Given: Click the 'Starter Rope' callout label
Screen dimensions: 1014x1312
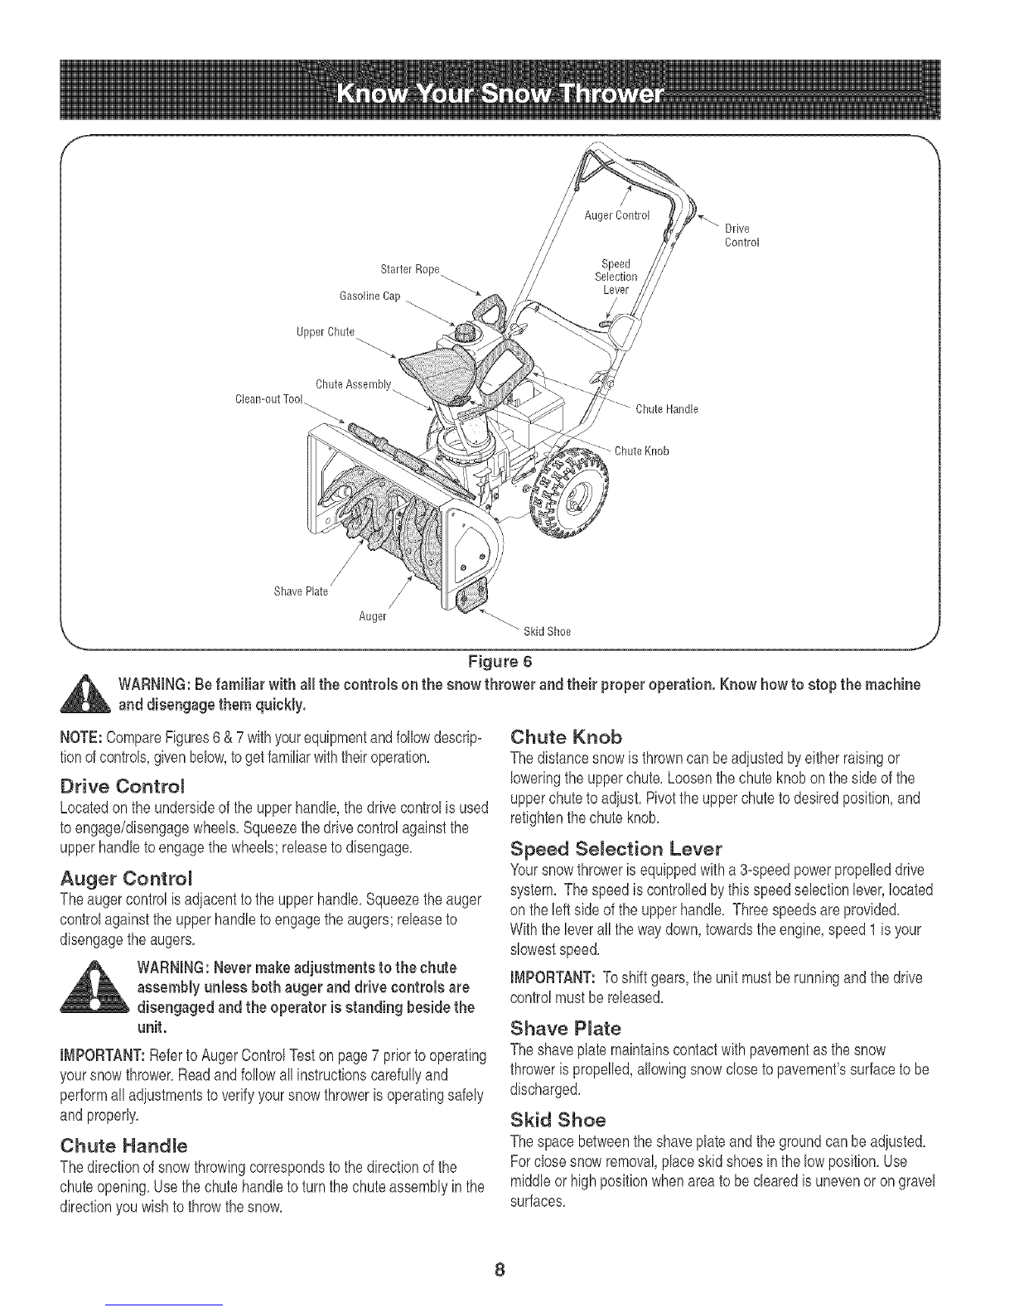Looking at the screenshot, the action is (410, 269).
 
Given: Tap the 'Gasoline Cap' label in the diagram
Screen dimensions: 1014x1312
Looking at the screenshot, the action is (370, 297).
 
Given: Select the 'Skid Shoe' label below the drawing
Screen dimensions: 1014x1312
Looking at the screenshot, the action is (547, 631).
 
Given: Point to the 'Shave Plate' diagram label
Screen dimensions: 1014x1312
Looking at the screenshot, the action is (301, 591).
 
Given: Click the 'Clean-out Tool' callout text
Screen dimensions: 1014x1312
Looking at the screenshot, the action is (268, 399).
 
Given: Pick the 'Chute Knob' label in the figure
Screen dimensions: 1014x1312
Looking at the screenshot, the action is (642, 451).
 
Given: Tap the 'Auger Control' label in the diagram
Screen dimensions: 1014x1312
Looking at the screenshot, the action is (617, 215).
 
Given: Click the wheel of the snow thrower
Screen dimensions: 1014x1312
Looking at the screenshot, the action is (570, 492).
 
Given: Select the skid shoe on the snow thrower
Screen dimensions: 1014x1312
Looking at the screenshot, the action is (471, 596).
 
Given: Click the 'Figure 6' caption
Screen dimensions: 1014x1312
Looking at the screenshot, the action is (500, 662).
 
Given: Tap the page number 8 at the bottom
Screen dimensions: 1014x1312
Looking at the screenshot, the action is (500, 1270).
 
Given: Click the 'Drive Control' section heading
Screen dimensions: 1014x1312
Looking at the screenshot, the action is (123, 787).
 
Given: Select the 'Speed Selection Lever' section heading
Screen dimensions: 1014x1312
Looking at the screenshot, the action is (616, 850).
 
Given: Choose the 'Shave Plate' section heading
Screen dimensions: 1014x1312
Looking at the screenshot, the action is (565, 1028).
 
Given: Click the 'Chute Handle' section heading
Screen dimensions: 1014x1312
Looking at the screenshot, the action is (123, 1146).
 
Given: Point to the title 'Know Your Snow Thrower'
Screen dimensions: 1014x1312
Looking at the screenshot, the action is (500, 94).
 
